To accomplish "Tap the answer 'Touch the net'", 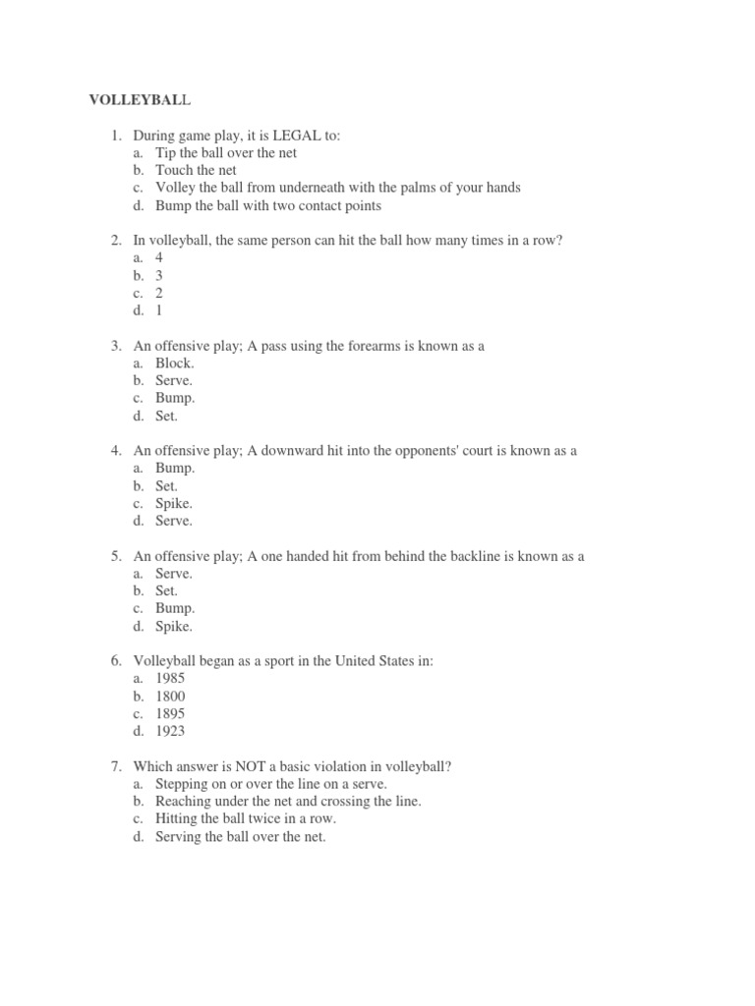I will point(196,170).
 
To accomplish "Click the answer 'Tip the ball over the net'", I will point(226,152).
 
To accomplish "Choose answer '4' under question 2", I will point(159,257).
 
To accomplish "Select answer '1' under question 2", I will point(159,310).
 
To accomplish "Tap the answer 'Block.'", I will point(175,363).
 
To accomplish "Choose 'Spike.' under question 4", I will point(175,503).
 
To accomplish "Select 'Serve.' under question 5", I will point(174,573).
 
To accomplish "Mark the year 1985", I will point(170,679).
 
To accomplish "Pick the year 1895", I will point(170,714).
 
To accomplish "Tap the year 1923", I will point(170,731).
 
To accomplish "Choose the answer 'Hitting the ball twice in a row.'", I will point(246,819).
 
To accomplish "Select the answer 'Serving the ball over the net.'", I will point(240,837).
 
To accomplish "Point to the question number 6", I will point(115,661).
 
